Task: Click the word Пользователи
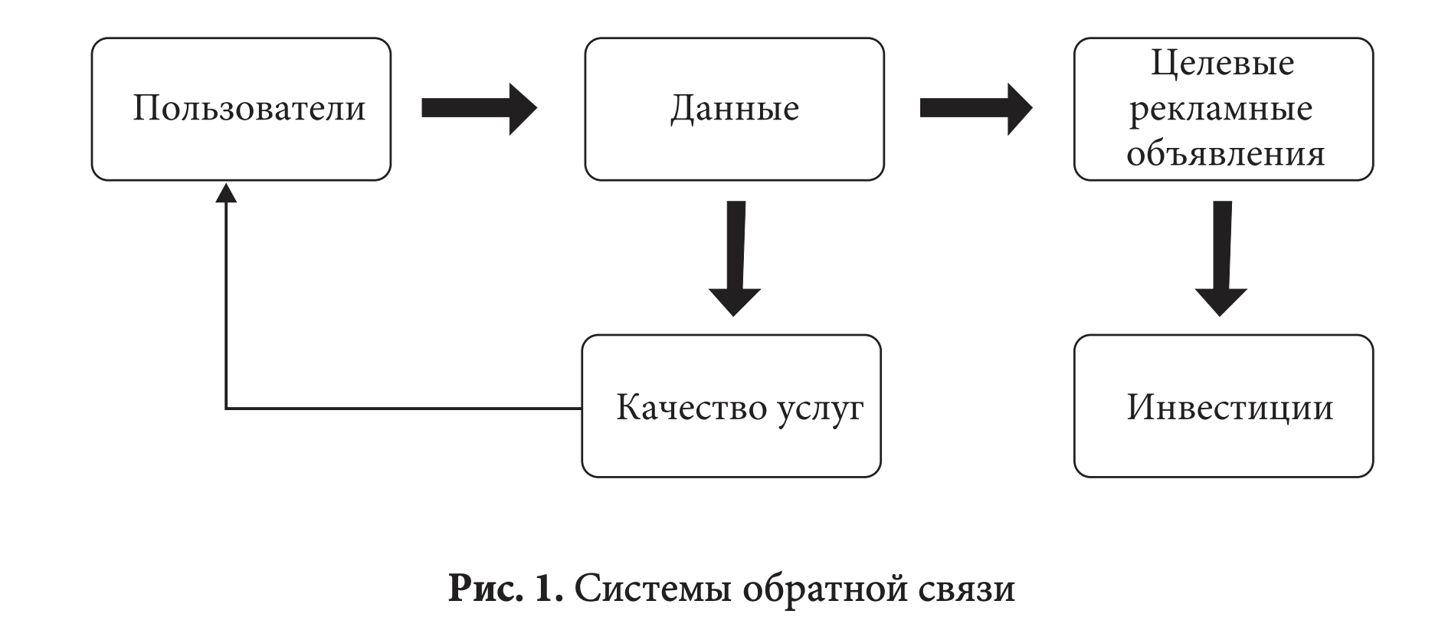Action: click(x=249, y=108)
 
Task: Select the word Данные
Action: click(x=734, y=108)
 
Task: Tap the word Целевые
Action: click(x=1222, y=63)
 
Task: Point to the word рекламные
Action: click(x=1221, y=108)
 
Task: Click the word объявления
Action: click(x=1225, y=153)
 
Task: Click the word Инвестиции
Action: click(x=1230, y=407)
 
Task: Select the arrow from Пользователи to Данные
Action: click(x=479, y=108)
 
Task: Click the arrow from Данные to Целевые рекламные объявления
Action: click(x=975, y=108)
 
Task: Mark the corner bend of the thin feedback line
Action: click(x=226, y=409)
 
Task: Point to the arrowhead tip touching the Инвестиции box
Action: click(x=1221, y=315)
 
